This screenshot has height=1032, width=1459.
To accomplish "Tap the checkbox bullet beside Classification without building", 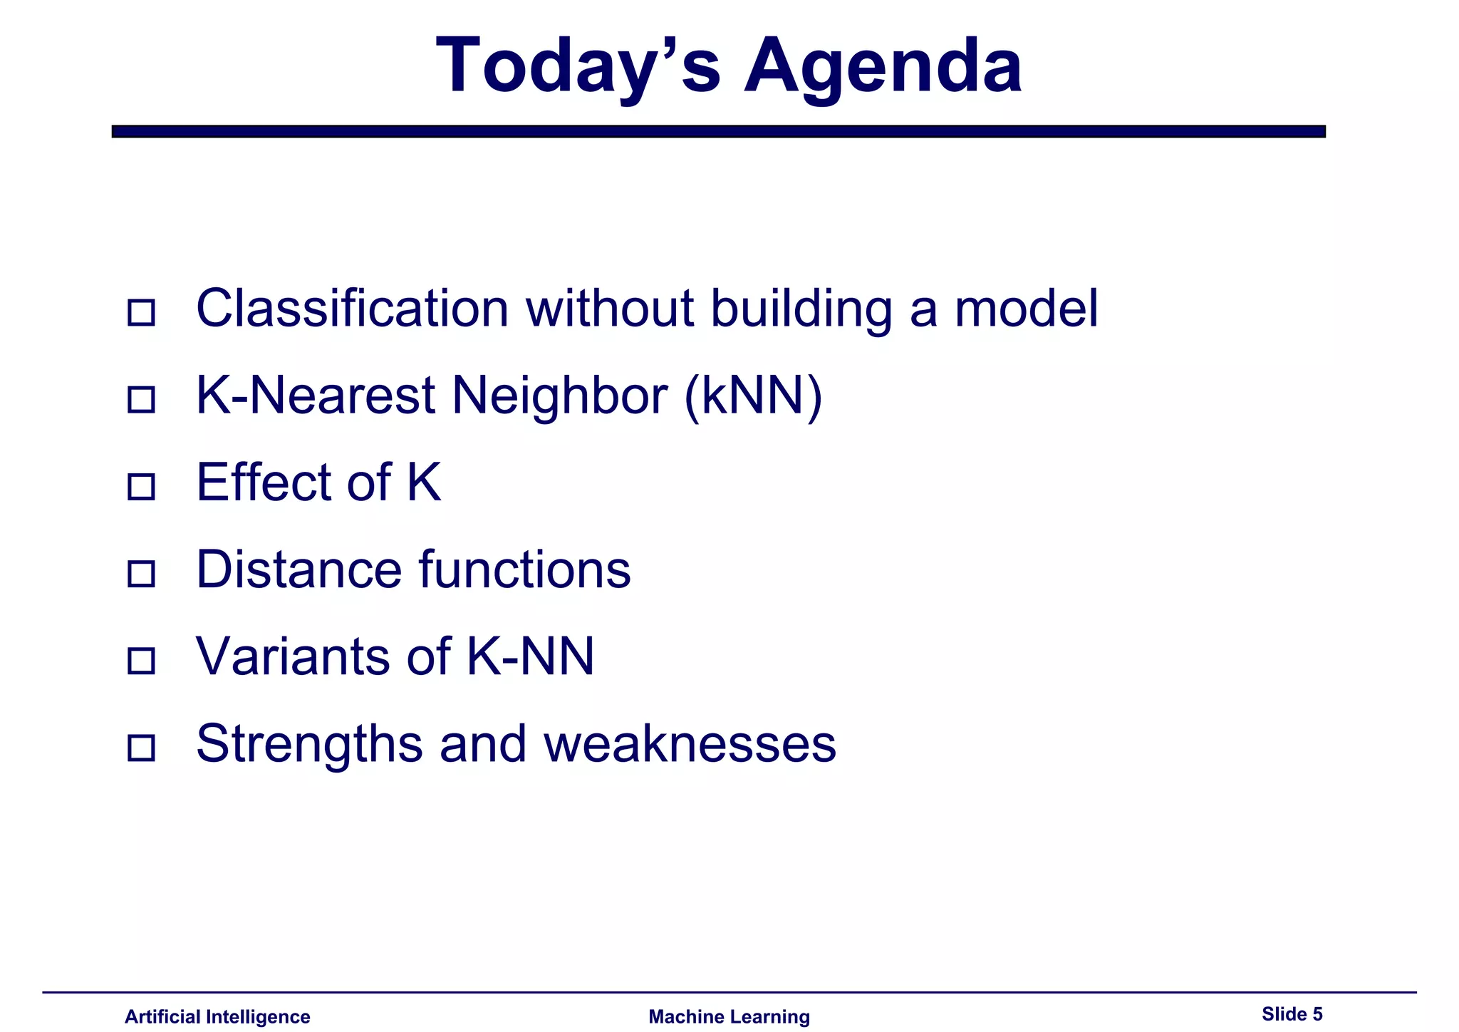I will click(141, 312).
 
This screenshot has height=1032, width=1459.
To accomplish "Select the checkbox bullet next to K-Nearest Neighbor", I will click(141, 399).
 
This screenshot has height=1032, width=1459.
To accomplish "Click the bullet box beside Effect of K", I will click(141, 487).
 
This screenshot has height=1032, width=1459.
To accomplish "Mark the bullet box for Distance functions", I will click(141, 574).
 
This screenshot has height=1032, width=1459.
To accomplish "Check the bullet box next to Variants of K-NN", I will click(141, 661).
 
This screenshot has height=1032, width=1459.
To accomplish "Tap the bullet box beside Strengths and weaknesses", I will click(141, 748).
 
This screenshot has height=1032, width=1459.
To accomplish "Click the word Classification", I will click(352, 309).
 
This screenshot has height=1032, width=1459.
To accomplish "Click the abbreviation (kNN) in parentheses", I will click(752, 396).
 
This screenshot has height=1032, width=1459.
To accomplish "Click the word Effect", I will click(263, 483).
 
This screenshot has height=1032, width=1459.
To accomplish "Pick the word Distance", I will click(298, 570).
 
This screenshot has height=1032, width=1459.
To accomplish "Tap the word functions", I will click(524, 570).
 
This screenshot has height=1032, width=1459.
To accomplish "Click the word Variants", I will click(292, 657).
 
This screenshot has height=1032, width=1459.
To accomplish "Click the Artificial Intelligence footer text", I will click(217, 1016).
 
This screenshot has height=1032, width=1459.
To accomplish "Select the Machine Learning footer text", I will click(729, 1016).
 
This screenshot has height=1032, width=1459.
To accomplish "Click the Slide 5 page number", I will click(1292, 1013).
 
